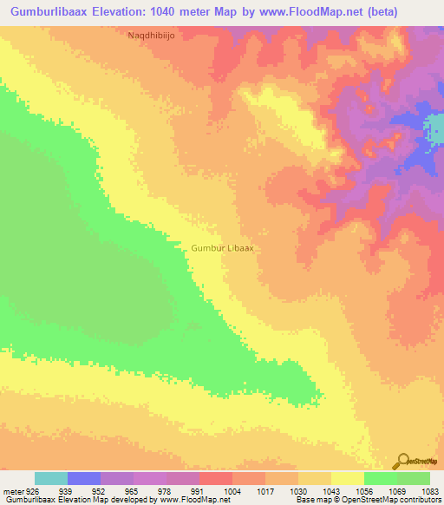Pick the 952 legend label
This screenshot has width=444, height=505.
pyautogui.click(x=101, y=492)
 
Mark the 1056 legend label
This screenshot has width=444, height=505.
pyautogui.click(x=364, y=492)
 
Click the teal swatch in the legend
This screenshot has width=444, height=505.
pyautogui.click(x=51, y=478)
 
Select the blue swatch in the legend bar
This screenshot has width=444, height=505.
pyautogui.click(x=84, y=478)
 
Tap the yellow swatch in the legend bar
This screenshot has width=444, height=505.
pyautogui.click(x=348, y=478)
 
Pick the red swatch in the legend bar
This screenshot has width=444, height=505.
pyautogui.click(x=216, y=478)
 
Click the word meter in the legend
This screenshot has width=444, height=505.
pyautogui.click(x=13, y=492)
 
